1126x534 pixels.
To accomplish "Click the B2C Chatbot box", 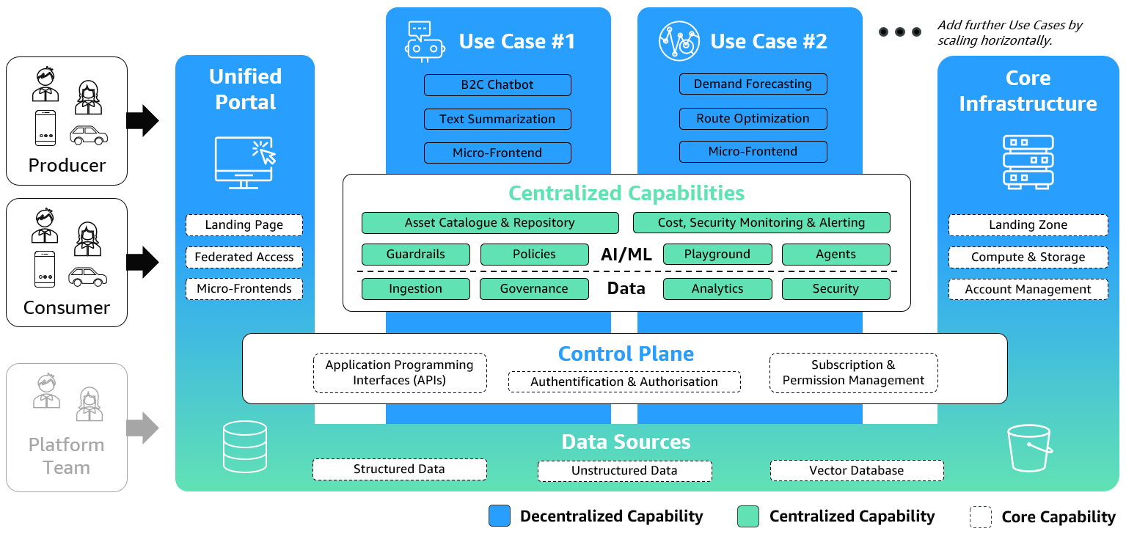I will (497, 85).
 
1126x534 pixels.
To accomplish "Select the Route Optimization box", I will (753, 119).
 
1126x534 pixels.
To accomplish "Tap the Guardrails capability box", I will (415, 255).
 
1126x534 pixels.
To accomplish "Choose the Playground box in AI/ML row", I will (717, 255).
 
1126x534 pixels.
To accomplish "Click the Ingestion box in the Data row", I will (415, 289).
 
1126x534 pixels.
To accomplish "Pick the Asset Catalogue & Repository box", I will (489, 223).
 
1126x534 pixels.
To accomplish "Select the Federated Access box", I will (244, 257).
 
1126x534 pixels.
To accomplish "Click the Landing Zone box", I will (1028, 225).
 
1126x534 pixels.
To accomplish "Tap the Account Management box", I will (1028, 290).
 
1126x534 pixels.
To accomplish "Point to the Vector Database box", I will (856, 471).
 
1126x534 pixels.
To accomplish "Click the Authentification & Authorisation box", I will (624, 382).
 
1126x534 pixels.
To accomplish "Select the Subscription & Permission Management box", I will (853, 373).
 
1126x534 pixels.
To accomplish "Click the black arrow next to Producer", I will (142, 121).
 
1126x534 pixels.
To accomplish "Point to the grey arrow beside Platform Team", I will (142, 428).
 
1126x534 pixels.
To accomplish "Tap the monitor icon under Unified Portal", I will (244, 162).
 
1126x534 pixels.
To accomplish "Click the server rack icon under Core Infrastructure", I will (1028, 161).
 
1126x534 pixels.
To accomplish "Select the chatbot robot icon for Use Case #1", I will (425, 41).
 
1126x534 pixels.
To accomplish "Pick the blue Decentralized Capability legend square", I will (500, 516).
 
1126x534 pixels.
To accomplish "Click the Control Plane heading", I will (626, 354).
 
